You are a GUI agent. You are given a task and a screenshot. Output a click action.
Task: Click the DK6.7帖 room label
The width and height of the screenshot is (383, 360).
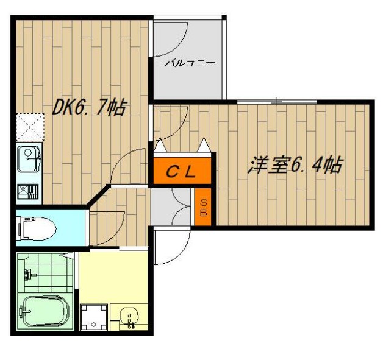click(x=89, y=108)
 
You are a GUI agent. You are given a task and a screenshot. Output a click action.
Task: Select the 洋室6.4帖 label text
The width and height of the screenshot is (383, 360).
click(x=293, y=165)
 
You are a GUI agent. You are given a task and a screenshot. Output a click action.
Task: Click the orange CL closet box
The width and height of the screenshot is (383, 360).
click(x=182, y=172)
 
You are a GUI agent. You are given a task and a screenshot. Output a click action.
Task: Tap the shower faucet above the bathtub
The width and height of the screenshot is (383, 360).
click(x=28, y=275)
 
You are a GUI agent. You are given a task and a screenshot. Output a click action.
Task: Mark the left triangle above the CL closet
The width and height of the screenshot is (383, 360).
click(x=160, y=146)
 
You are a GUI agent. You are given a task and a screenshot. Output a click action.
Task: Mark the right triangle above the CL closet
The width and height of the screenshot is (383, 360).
click(x=204, y=146)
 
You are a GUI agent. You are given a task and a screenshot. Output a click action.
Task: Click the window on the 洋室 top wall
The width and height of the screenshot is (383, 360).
click(x=277, y=100)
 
